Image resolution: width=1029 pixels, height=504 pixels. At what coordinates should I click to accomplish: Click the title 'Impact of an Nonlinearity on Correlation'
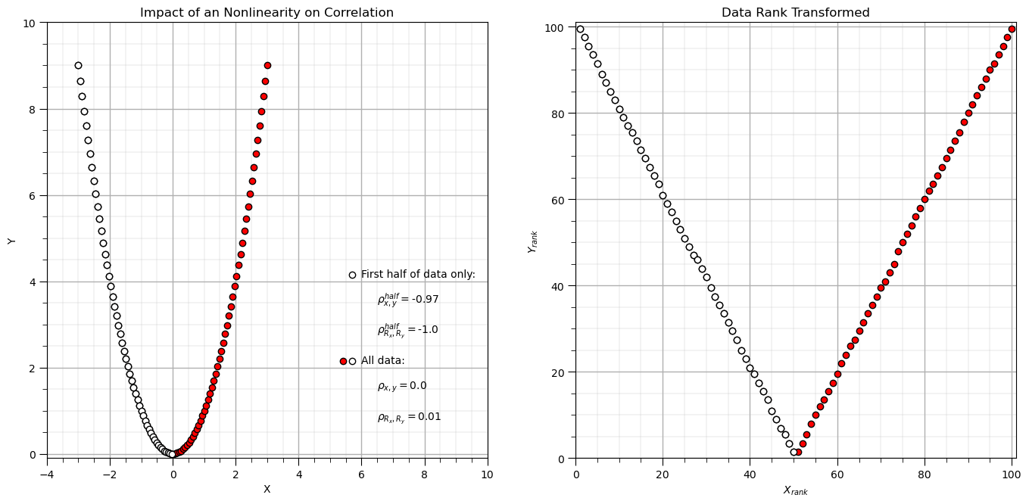tap(267, 13)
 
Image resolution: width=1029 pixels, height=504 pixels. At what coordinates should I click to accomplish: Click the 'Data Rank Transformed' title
tap(795, 13)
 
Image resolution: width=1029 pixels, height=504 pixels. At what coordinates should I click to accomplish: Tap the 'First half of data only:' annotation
tap(418, 275)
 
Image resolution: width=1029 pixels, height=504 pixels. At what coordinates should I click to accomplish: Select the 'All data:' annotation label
tap(382, 361)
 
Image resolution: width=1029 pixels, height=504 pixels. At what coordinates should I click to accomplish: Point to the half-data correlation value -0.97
tap(425, 300)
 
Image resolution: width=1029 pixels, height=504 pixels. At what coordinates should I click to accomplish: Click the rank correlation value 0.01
tap(429, 417)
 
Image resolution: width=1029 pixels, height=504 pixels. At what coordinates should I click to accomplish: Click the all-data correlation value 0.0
tap(417, 386)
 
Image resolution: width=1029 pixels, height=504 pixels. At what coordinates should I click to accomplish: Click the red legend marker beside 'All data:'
tap(343, 362)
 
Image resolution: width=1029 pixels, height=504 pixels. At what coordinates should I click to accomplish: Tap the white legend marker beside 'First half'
tap(352, 275)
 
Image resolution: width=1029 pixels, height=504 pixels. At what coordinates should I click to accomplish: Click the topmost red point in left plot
tap(267, 66)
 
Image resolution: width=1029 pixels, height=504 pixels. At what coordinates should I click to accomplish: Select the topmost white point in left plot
tap(78, 66)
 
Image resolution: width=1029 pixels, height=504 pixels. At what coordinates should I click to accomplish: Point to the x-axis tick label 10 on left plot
tap(487, 474)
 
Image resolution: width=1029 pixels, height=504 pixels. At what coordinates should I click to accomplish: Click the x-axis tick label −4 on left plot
tap(47, 474)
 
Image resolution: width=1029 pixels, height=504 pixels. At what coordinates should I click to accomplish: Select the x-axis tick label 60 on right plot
tap(837, 474)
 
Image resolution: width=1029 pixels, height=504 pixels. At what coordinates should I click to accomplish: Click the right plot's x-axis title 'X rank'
tap(795, 490)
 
